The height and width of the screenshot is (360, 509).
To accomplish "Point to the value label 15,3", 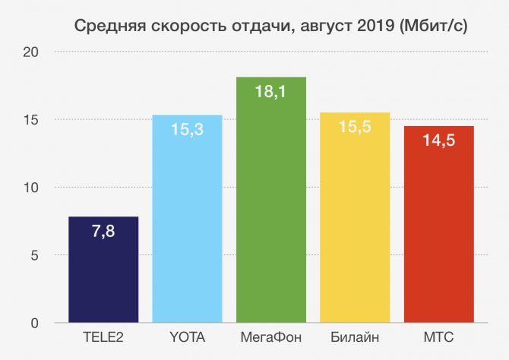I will click(187, 130).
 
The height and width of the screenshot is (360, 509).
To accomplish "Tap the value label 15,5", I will click(355, 128).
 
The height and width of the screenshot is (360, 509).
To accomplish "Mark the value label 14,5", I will click(438, 141).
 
